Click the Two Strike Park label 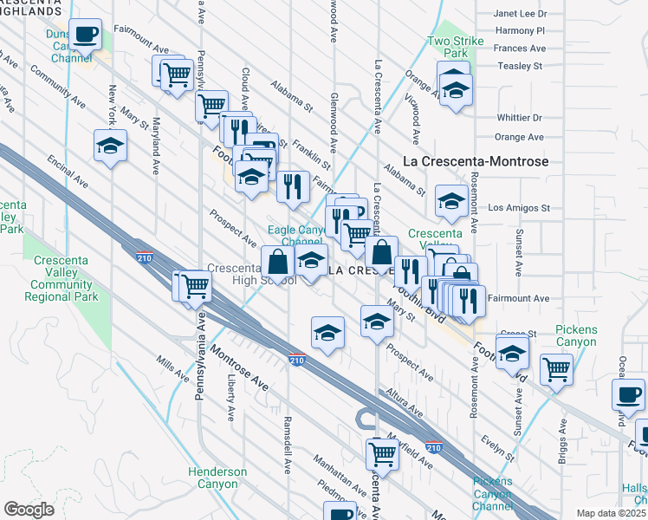point(447,47)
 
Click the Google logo point(29,510)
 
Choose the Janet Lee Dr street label point(520,14)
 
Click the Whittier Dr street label point(519,118)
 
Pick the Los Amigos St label point(519,208)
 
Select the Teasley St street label point(519,65)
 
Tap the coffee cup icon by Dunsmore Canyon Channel point(85,35)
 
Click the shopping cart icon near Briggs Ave point(556,367)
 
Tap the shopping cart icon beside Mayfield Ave point(381,452)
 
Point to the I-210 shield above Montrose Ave point(296,360)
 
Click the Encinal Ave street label point(68,172)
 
